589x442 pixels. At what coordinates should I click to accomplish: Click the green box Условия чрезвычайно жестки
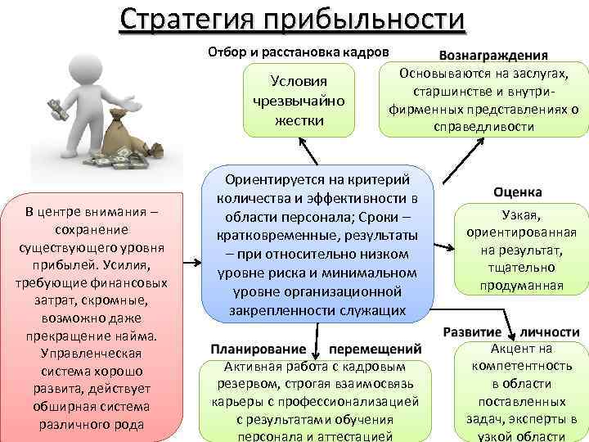click(x=299, y=101)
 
